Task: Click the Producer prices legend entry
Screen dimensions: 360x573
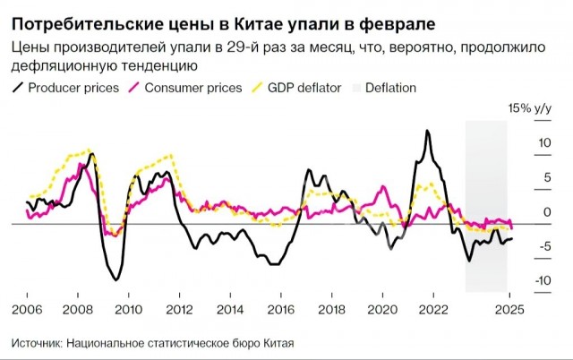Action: tap(64, 88)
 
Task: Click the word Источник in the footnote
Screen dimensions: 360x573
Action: tap(40, 344)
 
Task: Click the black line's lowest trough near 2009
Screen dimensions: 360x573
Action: tap(115, 280)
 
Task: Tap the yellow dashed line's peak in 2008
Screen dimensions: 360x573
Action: tap(89, 150)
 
